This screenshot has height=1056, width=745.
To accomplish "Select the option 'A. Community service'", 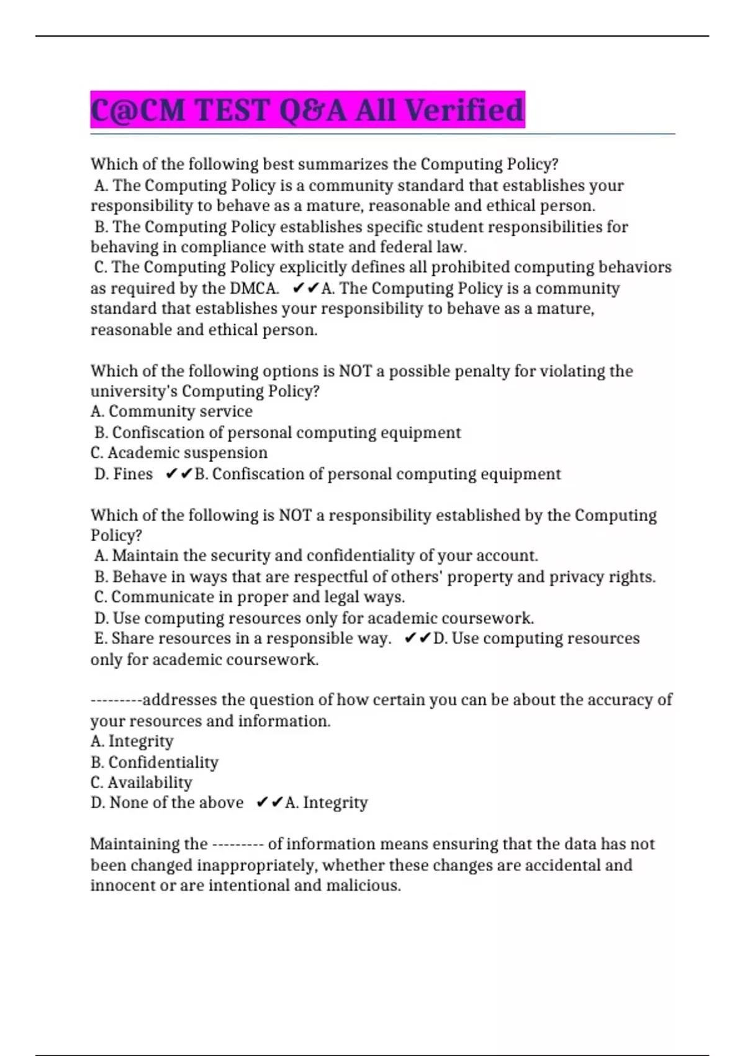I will tap(171, 411).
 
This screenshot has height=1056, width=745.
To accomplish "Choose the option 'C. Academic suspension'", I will tap(179, 453).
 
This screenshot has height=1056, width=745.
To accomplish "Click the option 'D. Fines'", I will tap(123, 474).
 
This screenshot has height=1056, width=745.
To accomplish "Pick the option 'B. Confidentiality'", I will tap(154, 762).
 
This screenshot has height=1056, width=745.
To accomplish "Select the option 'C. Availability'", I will tap(141, 783).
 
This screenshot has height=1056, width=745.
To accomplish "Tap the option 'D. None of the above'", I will tap(166, 803).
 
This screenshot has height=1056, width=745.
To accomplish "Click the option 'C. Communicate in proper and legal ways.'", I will tap(249, 597).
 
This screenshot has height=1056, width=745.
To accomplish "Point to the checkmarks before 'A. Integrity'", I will tap(269, 803).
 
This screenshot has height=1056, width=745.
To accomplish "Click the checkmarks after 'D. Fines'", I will tap(179, 474).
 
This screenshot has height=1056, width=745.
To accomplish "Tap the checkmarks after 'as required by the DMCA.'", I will tap(305, 288).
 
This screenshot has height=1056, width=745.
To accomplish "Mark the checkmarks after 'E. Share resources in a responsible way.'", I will tap(417, 639).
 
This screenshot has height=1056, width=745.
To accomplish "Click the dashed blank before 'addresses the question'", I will tap(116, 701).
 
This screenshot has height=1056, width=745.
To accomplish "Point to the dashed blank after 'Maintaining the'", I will tap(238, 845).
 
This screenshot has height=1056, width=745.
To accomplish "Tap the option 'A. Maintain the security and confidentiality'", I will tap(315, 555).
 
